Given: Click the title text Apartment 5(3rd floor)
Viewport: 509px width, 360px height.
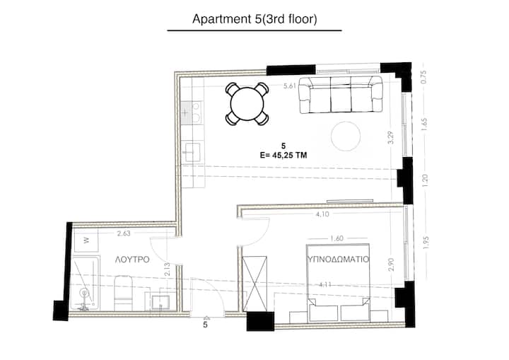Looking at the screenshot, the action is [x=255, y=19].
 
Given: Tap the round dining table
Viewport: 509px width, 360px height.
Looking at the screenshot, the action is [x=247, y=104].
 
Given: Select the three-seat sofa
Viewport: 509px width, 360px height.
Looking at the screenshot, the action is [x=341, y=95].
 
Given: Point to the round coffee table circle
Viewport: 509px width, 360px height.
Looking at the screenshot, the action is [x=346, y=136].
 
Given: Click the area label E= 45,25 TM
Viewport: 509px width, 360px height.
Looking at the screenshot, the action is [x=283, y=156].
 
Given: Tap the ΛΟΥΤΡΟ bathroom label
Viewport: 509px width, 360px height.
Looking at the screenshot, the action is [x=132, y=260].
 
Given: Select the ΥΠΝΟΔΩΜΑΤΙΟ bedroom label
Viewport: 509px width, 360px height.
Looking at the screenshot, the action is [x=338, y=260].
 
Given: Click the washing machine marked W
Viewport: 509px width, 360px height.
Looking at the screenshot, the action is [x=86, y=240].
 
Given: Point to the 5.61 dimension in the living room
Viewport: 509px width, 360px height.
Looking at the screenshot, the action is [x=290, y=86].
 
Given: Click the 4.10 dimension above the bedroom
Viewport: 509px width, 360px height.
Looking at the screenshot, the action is [x=322, y=214].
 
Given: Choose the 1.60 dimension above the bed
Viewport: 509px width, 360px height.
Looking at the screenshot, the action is [x=337, y=238].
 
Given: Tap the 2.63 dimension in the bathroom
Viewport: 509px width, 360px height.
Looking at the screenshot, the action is [x=124, y=233].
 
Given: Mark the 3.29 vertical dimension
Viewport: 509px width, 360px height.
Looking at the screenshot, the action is [x=391, y=137].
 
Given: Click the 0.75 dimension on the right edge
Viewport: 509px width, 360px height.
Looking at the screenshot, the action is [x=423, y=77].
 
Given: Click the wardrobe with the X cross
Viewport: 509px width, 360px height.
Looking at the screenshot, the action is [x=255, y=284].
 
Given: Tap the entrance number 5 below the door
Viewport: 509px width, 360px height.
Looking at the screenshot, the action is [x=205, y=325].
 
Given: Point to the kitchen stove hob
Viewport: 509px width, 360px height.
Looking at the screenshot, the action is [x=192, y=112].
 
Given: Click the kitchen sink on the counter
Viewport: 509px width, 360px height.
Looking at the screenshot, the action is [x=191, y=152].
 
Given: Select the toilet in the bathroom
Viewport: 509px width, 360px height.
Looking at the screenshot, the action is [x=123, y=294].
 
